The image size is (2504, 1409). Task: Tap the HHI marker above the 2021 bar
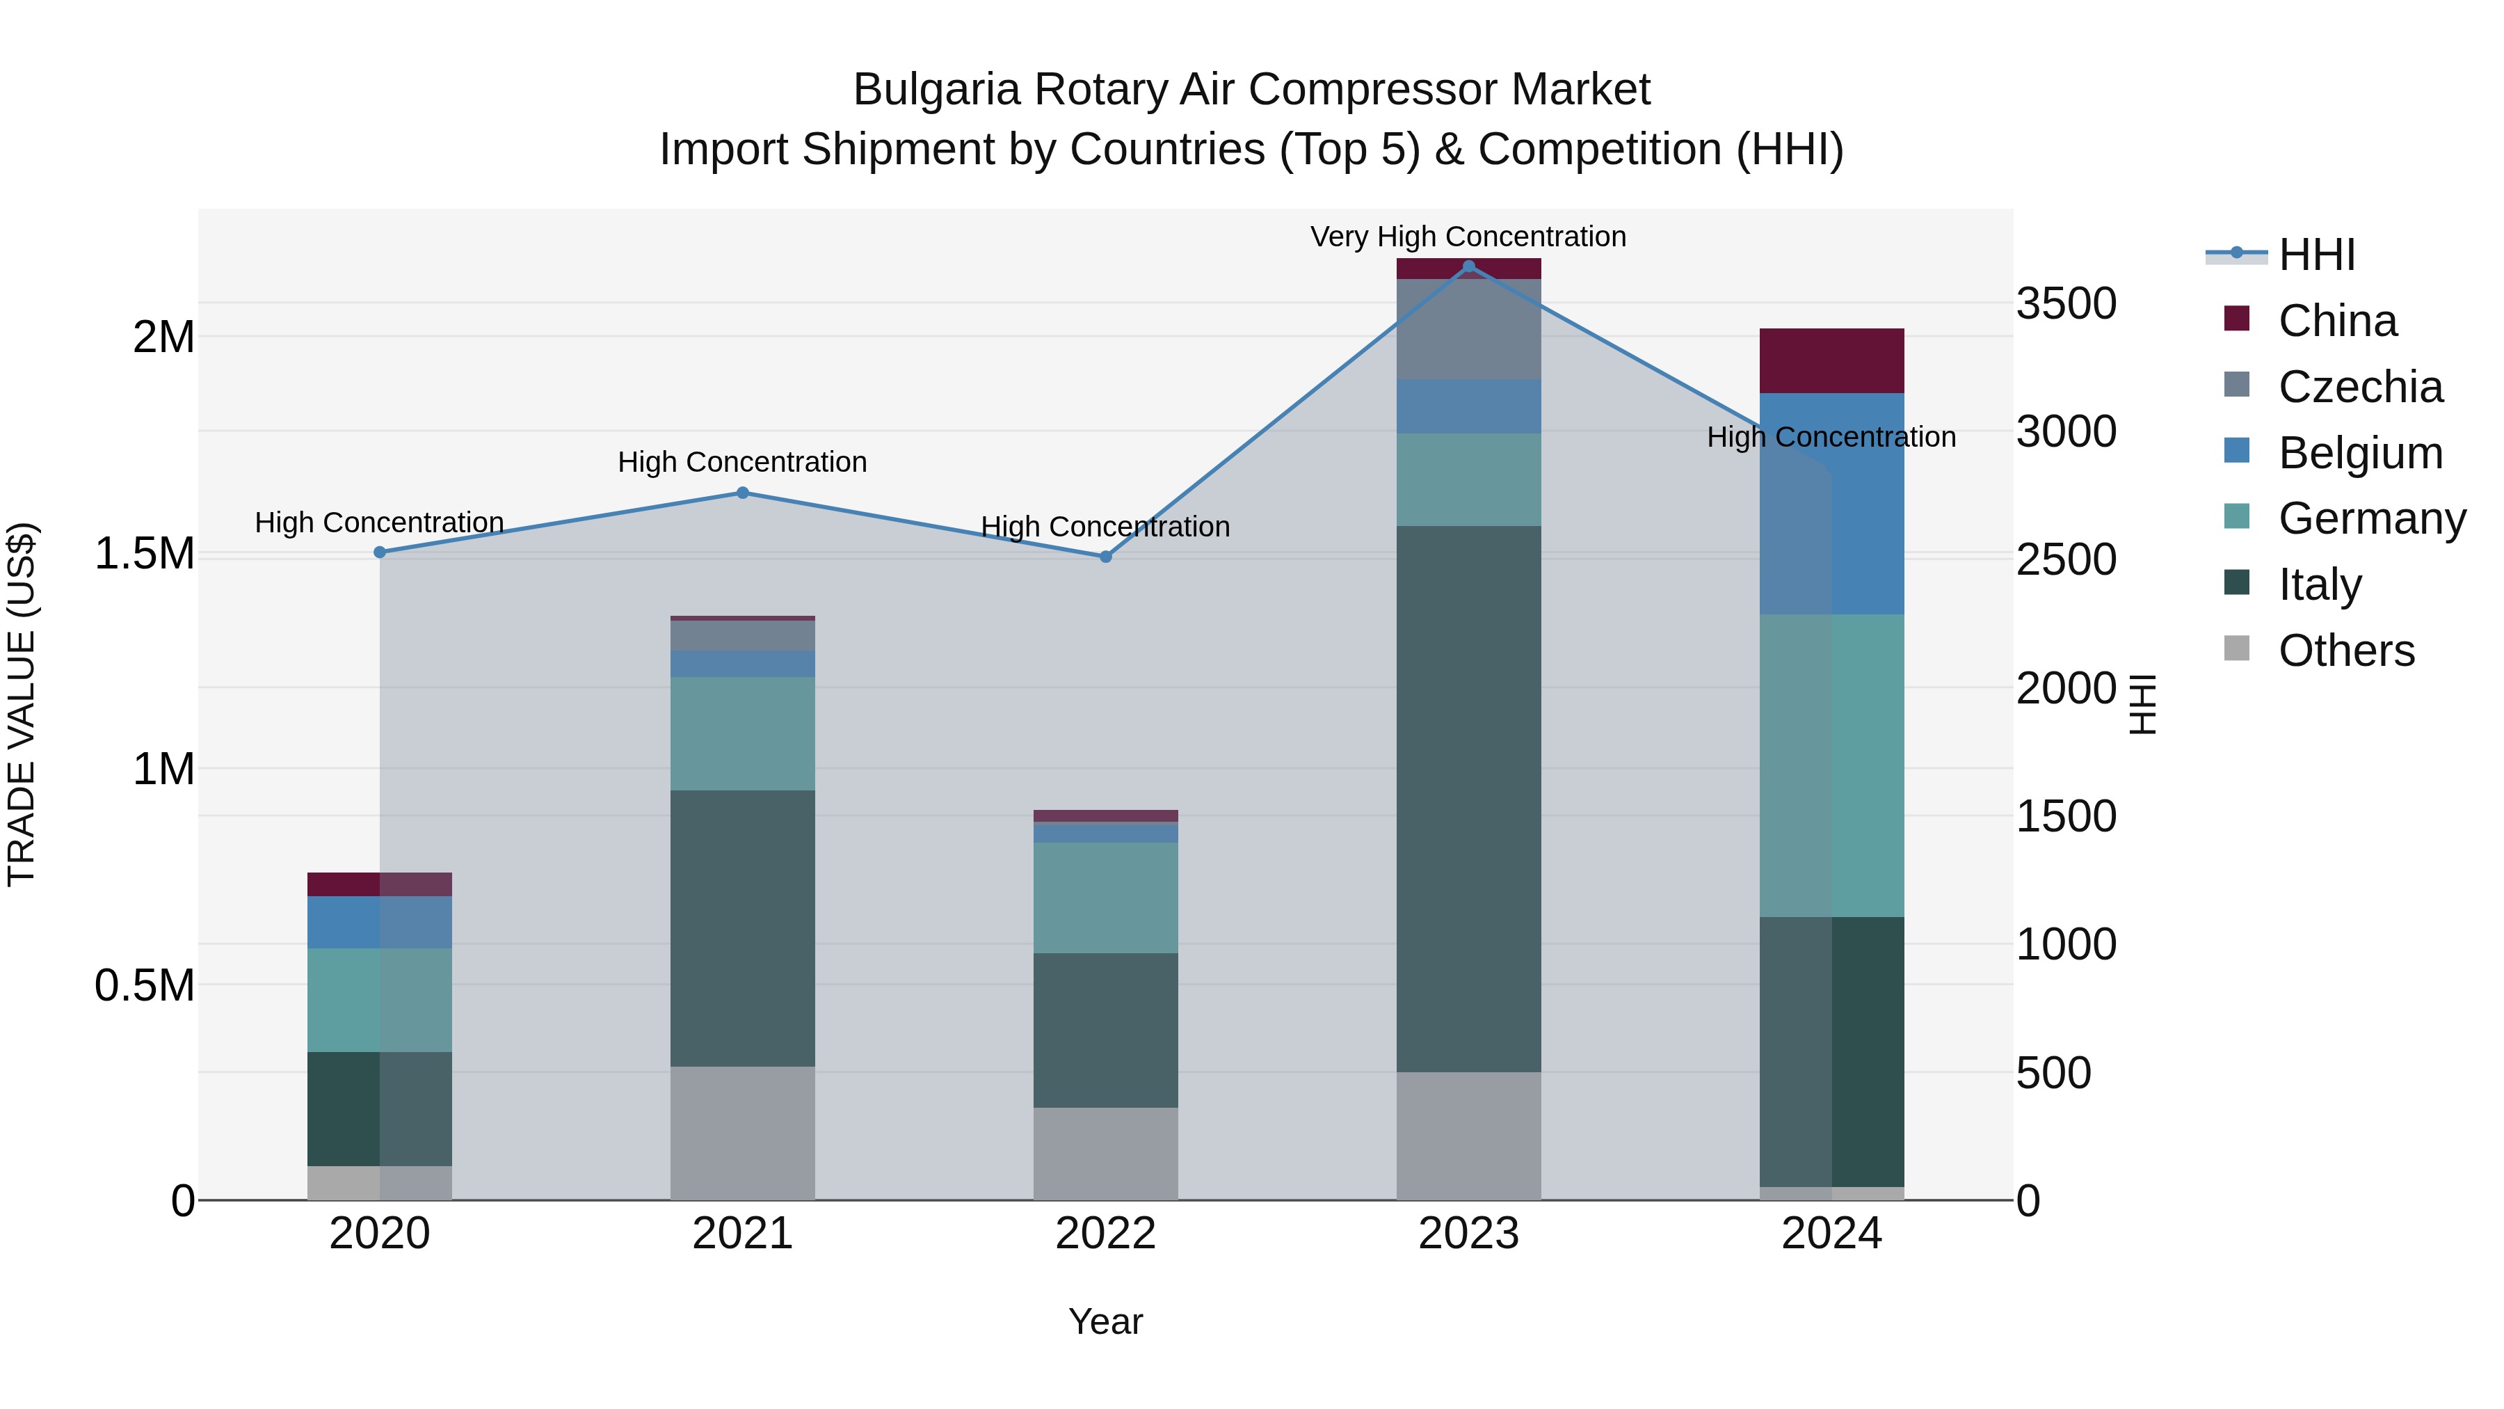point(743,493)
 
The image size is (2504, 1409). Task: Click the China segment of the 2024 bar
point(1831,360)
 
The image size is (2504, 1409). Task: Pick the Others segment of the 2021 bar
point(743,1133)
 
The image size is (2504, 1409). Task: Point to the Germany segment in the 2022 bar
point(1105,898)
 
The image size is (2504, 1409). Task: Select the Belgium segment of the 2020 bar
point(379,922)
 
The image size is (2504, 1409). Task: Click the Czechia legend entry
point(2359,387)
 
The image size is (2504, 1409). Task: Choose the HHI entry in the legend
point(2316,255)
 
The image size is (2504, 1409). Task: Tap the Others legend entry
point(2345,651)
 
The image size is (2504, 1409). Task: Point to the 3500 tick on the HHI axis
point(2066,303)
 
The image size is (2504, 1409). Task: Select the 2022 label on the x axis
point(1105,1234)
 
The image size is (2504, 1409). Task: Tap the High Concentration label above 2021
point(743,462)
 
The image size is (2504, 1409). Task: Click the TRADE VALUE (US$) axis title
point(22,704)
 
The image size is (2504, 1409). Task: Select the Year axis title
point(1105,1321)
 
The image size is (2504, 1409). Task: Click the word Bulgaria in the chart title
point(937,90)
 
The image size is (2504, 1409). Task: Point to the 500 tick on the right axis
point(2053,1072)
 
